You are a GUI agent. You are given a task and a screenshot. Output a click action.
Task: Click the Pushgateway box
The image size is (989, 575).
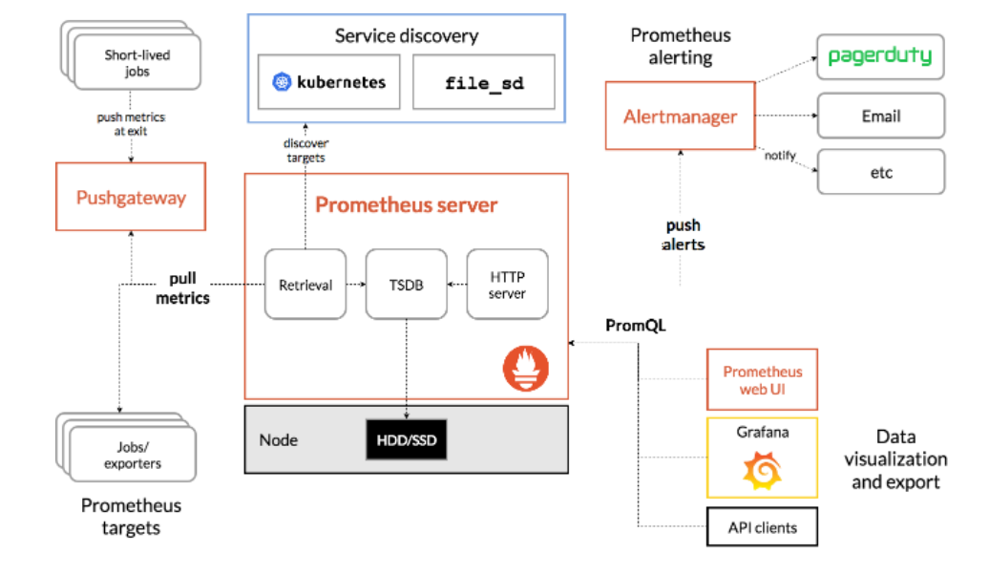coord(131,197)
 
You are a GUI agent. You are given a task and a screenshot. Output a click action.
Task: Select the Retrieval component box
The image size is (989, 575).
coord(305,284)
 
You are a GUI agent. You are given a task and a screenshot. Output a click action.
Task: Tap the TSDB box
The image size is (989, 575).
coord(407,284)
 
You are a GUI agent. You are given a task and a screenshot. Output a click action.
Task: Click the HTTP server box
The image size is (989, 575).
coord(507,284)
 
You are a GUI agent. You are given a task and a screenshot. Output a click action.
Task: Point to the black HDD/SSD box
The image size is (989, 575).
coord(407,440)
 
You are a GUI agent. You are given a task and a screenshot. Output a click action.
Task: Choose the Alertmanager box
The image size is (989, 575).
coord(680,116)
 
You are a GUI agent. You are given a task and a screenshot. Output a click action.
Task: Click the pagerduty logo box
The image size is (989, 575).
coord(880,56)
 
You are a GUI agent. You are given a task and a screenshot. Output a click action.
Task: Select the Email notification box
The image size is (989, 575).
coord(881,116)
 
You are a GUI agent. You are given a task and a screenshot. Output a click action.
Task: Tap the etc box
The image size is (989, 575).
coord(881,172)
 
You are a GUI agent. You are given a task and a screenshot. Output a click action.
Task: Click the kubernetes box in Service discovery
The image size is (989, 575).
coord(328,82)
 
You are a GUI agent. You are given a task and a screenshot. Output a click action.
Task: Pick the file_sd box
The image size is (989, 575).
coord(484,82)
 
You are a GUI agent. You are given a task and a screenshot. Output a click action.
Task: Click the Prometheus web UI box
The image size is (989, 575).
coord(762,379)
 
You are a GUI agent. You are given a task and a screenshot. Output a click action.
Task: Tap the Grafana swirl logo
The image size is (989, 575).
coord(762,470)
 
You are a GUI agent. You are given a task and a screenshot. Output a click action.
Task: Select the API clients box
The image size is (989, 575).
coord(762,527)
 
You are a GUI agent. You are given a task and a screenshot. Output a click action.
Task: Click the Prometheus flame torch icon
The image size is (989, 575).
coord(525,368)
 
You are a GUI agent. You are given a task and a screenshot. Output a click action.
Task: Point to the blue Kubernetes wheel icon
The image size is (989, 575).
coord(282,82)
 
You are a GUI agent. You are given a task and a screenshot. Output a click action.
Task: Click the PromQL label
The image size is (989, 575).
coord(635,325)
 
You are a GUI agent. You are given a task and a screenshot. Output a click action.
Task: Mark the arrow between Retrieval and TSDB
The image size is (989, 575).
coord(356,284)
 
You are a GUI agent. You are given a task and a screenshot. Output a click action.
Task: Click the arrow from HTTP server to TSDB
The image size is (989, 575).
coord(456,284)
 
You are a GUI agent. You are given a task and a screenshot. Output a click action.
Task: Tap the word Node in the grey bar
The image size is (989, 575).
coord(278,440)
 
